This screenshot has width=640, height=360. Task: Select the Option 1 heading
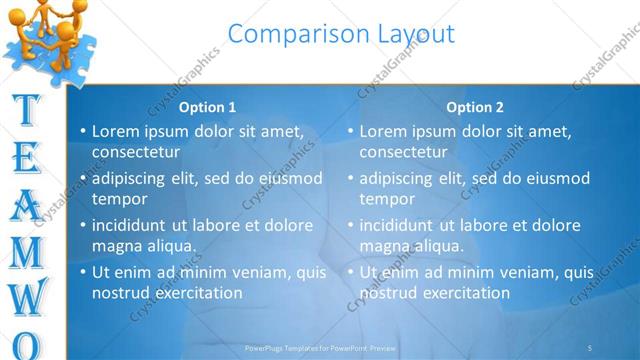pos(207,107)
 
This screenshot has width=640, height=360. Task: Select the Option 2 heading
pos(475,107)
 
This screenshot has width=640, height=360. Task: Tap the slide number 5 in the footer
pos(590,348)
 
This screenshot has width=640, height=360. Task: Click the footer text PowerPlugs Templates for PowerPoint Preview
pos(321,348)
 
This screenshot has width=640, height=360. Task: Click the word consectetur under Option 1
pos(136,153)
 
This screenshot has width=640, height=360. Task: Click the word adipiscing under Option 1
pos(131,179)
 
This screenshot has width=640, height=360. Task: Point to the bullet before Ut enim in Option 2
pos(351,272)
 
